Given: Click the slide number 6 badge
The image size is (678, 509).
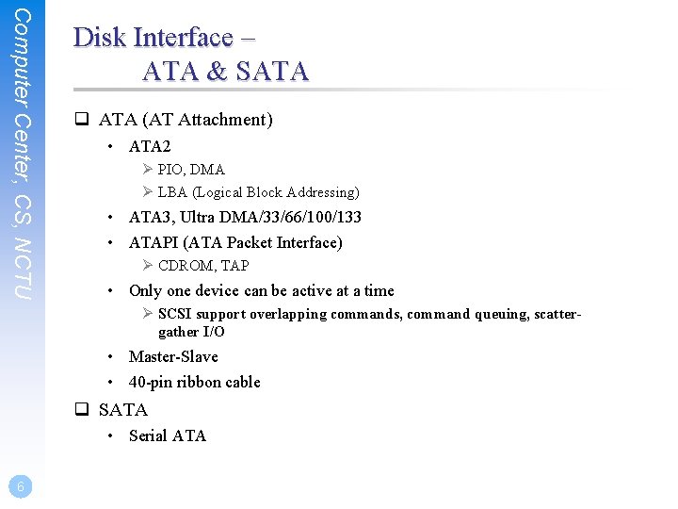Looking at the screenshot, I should tap(20, 486).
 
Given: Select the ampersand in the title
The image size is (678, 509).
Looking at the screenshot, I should tap(218, 71).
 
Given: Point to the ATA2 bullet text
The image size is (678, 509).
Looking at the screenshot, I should tap(150, 146).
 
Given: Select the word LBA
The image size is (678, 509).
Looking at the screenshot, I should tap(172, 192).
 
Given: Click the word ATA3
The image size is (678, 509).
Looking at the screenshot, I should tap(151, 217).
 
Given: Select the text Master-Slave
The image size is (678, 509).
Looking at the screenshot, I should tap(173, 356).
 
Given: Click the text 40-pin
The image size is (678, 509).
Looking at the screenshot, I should tap(152, 382).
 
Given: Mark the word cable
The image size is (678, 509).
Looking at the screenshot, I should tap(242, 382).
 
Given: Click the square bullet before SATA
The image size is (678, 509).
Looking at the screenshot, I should tap(82, 409).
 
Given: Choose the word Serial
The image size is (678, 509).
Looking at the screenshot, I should tap(146, 435).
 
